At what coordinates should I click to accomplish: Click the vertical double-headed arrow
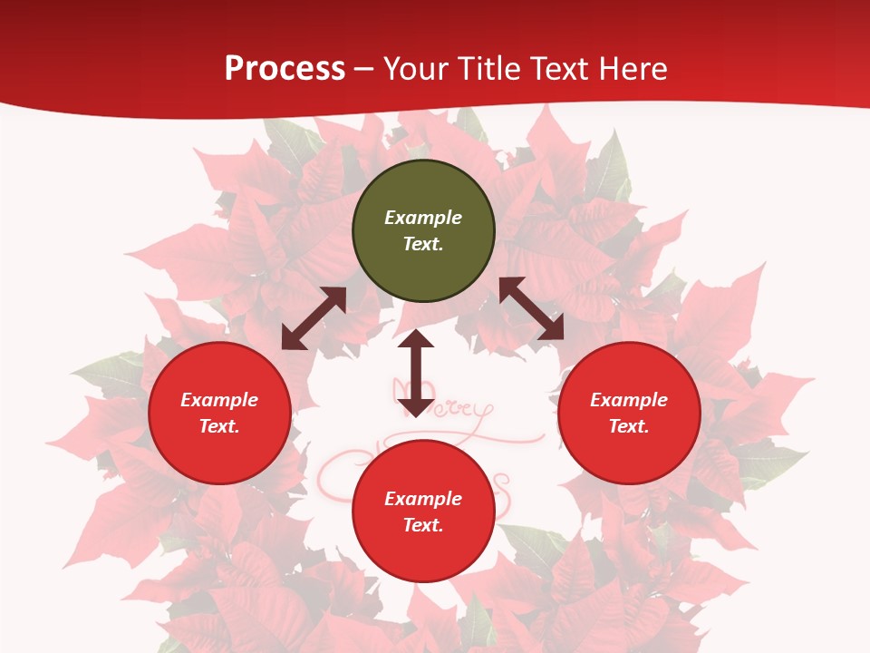[416, 373]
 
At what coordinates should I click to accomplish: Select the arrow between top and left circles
[314, 318]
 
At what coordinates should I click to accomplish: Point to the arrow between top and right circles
[532, 309]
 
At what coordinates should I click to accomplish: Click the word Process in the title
[285, 68]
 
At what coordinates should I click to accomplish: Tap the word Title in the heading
[488, 68]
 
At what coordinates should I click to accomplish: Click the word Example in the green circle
[423, 218]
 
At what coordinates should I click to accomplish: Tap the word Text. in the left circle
[219, 426]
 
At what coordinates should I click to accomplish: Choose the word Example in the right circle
[629, 400]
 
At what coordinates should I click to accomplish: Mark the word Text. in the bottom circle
[423, 525]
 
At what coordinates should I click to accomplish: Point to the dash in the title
[364, 69]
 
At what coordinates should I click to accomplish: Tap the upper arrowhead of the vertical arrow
[416, 339]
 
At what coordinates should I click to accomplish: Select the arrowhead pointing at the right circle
[552, 329]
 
